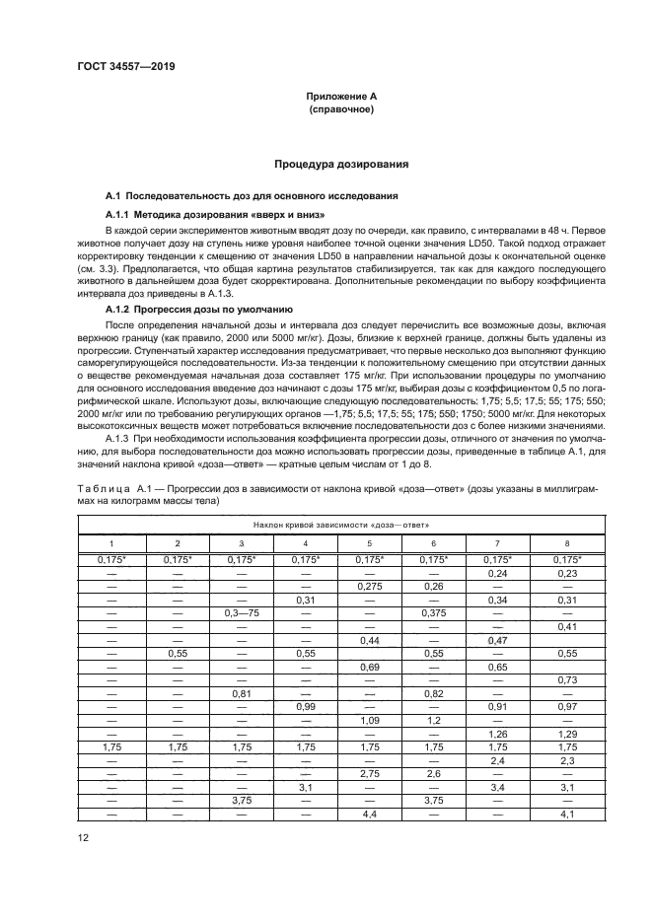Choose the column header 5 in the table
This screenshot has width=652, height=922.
point(370,543)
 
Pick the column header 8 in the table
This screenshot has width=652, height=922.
point(566,543)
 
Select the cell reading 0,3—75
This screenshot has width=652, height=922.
point(241,613)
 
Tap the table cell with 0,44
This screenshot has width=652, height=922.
point(370,640)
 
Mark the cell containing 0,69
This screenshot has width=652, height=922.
point(370,667)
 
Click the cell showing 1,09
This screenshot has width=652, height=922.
point(370,720)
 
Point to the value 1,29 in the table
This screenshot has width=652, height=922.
point(566,734)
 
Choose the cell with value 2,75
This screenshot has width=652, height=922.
point(370,774)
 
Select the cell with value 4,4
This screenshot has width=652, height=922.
point(370,814)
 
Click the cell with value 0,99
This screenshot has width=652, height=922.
point(305,707)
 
